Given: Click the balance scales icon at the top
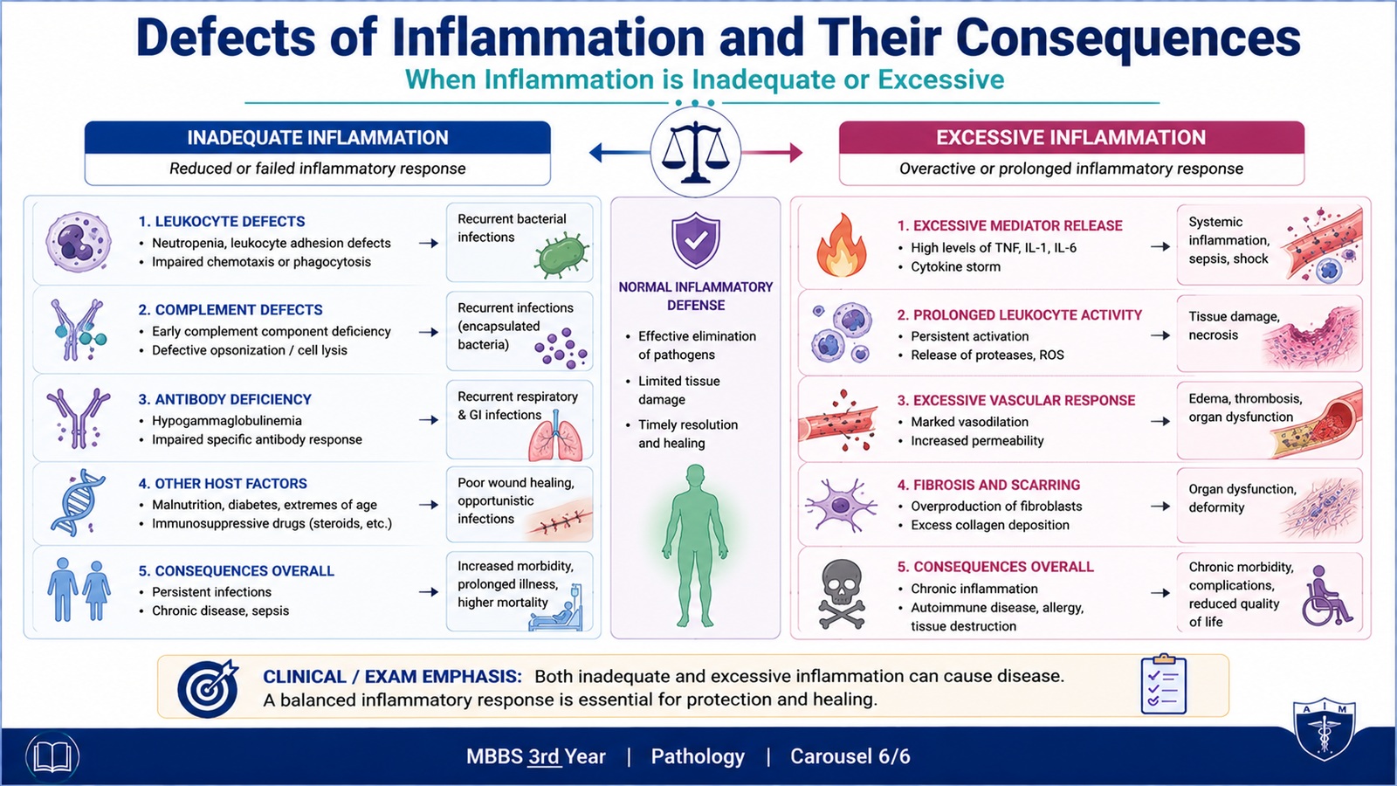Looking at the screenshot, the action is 695,152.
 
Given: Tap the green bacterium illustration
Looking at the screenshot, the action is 561,255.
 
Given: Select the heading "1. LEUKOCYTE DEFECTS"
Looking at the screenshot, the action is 222,222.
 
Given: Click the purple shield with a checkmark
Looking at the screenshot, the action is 695,241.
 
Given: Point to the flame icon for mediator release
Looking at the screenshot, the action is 842,245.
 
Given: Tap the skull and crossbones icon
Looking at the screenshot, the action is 842,593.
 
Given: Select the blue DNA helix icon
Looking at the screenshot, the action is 78,503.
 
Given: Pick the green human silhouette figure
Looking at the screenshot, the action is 695,545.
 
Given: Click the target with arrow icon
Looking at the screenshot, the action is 209,688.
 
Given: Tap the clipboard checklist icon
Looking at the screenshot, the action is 1163,685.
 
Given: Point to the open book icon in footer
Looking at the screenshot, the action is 52,756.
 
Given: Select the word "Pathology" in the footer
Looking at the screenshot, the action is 698,756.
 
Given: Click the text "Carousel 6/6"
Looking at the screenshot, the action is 850,756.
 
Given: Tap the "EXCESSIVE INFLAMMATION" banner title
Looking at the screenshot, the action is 1070,138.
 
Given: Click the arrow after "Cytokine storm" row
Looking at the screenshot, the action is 1160,247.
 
